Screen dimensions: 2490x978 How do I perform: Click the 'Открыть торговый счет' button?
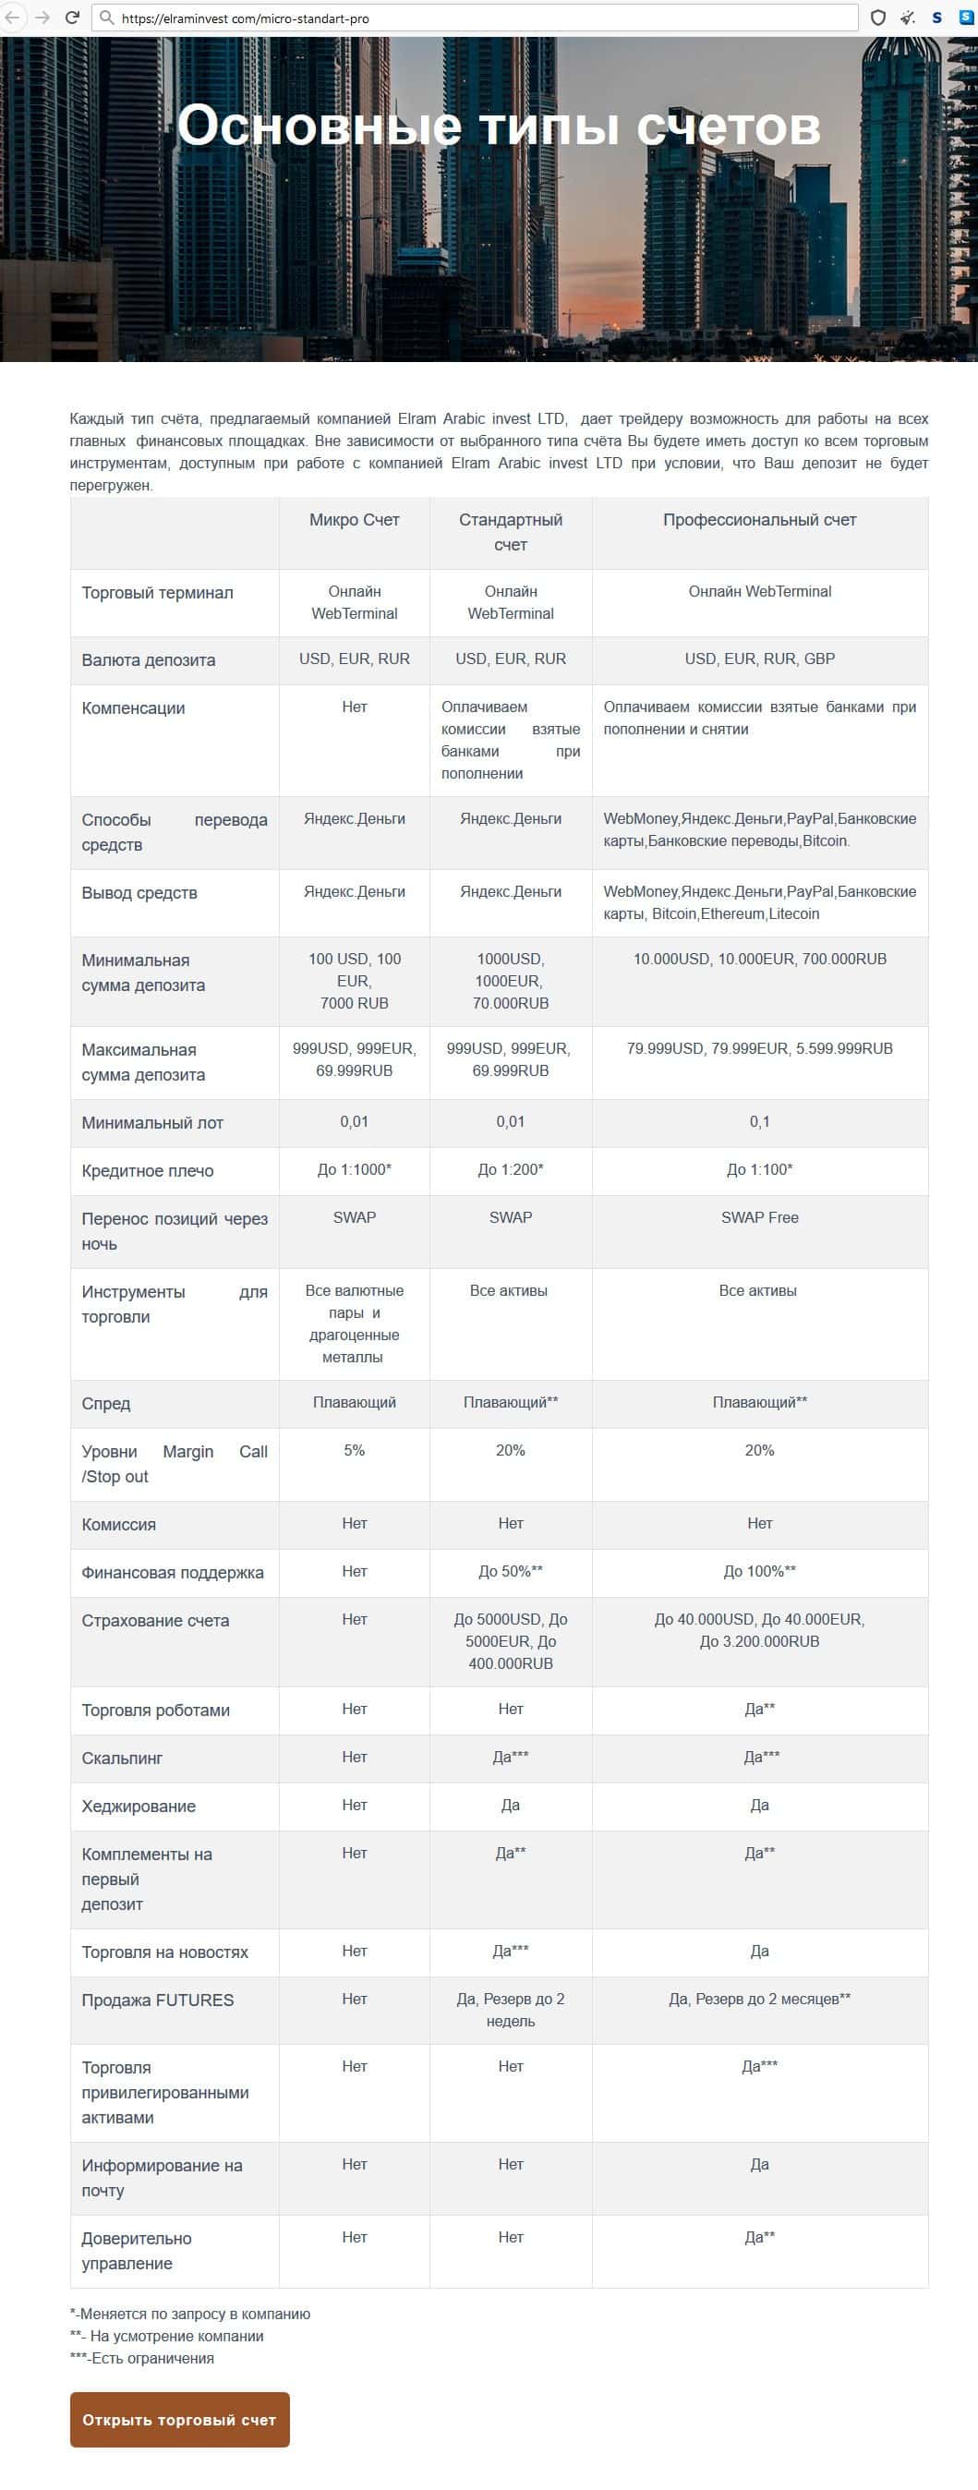click(x=180, y=2420)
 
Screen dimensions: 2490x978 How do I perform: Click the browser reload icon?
click(x=71, y=18)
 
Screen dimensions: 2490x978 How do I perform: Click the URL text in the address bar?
click(x=246, y=18)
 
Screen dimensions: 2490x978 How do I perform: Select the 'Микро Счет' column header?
click(x=354, y=520)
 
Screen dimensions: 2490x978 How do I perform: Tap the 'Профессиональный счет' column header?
click(x=760, y=520)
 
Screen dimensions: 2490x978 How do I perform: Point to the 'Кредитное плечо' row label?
click(x=148, y=1170)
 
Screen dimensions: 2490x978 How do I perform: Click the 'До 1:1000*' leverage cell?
click(x=354, y=1169)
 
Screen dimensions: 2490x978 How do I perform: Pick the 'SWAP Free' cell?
click(x=760, y=1218)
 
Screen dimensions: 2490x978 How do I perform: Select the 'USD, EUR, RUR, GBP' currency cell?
click(x=760, y=659)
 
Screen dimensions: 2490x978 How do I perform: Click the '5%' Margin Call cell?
click(x=354, y=1451)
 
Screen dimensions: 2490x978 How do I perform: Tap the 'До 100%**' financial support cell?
click(x=760, y=1572)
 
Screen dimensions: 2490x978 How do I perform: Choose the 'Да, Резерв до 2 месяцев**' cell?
click(x=760, y=1999)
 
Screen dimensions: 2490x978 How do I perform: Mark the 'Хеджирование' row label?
click(x=139, y=1807)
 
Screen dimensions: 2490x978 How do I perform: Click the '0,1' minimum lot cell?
click(x=760, y=1122)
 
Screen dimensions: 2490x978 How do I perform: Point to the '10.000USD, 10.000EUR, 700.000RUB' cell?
click(x=760, y=959)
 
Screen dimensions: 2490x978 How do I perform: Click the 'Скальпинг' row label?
click(x=122, y=1759)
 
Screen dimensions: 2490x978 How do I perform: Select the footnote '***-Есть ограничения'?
click(x=142, y=2359)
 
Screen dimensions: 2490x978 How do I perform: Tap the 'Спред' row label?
click(x=106, y=1404)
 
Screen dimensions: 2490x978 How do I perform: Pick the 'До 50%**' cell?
click(x=511, y=1572)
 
